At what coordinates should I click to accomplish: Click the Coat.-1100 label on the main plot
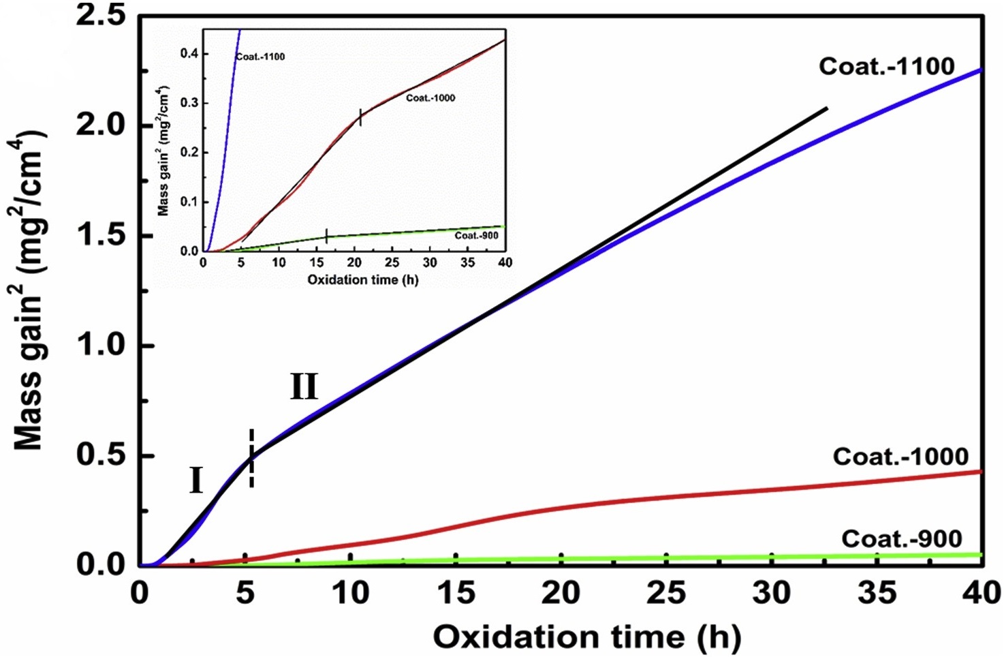pos(886,66)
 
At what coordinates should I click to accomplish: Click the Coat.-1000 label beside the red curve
pos(900,456)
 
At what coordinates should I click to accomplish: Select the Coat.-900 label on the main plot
pos(901,538)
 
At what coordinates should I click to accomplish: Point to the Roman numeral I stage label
pos(195,481)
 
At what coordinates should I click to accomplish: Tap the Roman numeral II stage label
pos(304,387)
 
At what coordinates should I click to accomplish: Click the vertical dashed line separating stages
pos(252,458)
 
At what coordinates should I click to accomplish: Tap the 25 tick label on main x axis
pos(665,593)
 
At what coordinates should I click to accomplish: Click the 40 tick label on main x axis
pos(981,593)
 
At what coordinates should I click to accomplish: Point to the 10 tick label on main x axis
pos(350,593)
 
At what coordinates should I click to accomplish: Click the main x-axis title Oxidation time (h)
pos(586,637)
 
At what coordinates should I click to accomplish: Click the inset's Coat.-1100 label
pos(260,57)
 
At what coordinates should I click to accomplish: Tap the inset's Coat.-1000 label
pos(430,97)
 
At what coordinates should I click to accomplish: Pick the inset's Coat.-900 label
pos(476,235)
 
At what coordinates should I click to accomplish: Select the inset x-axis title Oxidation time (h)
pos(362,279)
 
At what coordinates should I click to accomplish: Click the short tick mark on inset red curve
pos(360,117)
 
